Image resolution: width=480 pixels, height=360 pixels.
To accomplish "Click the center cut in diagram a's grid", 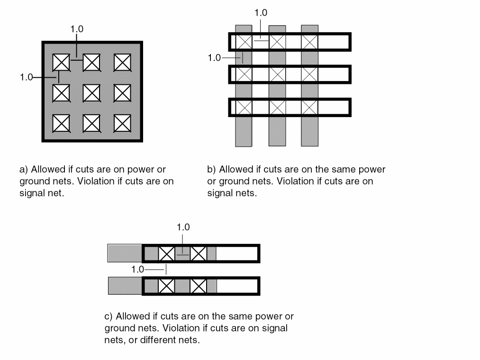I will [x=91, y=92].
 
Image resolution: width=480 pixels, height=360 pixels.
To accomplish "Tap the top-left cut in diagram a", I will [x=61, y=62].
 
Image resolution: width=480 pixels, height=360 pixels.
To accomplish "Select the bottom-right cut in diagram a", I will [x=122, y=123].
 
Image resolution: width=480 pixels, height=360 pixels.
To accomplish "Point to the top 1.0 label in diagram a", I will [x=77, y=29].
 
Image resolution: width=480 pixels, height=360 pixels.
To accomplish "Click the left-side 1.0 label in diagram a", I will [x=26, y=77].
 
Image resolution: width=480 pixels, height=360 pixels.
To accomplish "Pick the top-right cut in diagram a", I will [x=122, y=62].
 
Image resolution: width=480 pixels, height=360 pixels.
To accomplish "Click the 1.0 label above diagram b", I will [x=260, y=13].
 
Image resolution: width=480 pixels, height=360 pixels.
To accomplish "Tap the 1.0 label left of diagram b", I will [x=214, y=58].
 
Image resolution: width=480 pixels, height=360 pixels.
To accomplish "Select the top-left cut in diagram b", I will [x=244, y=42].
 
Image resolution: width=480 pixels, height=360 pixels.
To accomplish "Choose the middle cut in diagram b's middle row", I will [x=277, y=74].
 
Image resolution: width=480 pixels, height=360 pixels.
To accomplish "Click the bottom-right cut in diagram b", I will [x=309, y=107].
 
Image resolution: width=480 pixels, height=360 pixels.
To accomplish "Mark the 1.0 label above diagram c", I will [x=183, y=227].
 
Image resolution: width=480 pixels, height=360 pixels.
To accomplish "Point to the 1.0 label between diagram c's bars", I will [x=137, y=269].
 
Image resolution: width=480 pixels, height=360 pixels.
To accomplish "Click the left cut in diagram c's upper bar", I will [x=166, y=254].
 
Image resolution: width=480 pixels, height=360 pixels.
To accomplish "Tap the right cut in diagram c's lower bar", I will [x=198, y=286].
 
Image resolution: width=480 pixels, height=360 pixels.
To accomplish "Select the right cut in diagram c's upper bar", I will [x=198, y=254].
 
